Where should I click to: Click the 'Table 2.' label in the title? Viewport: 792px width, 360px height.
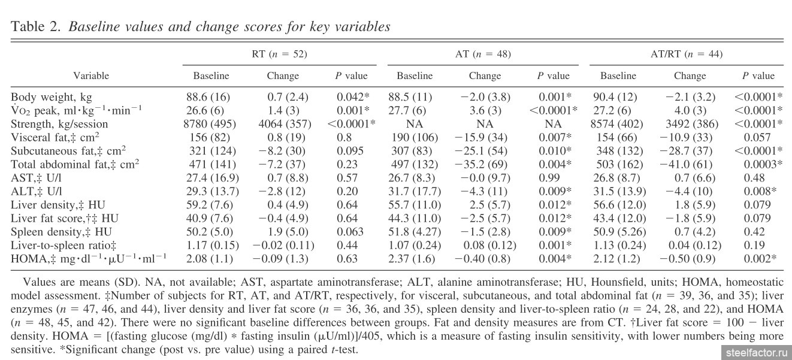pyautogui.click(x=36, y=26)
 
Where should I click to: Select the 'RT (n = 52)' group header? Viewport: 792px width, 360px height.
pyautogui.click(x=279, y=54)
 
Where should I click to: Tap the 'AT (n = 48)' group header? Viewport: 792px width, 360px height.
pyautogui.click(x=483, y=54)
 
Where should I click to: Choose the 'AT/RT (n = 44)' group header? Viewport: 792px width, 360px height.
pyautogui.click(x=687, y=54)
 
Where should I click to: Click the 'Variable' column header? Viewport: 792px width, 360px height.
pyautogui.click(x=91, y=75)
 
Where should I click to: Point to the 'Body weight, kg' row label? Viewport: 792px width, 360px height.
pyautogui.click(x=52, y=97)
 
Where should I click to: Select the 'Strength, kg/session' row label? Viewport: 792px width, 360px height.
pyautogui.click(x=59, y=124)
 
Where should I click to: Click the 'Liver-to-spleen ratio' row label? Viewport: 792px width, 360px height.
pyautogui.click(x=64, y=245)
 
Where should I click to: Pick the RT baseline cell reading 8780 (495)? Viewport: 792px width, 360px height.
pyautogui.click(x=210, y=124)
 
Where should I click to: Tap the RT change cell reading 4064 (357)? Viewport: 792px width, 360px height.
pyautogui.click(x=285, y=124)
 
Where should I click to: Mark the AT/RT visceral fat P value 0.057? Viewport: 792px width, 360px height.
pyautogui.click(x=757, y=137)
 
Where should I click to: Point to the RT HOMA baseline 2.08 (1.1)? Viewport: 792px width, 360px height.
pyautogui.click(x=210, y=259)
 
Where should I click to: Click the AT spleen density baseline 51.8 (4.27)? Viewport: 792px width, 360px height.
pyautogui.click(x=415, y=232)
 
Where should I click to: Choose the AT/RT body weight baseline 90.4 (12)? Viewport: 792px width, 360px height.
pyautogui.click(x=615, y=97)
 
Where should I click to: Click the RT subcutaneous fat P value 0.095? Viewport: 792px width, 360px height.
pyautogui.click(x=350, y=151)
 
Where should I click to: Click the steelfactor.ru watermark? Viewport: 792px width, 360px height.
pyautogui.click(x=755, y=353)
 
